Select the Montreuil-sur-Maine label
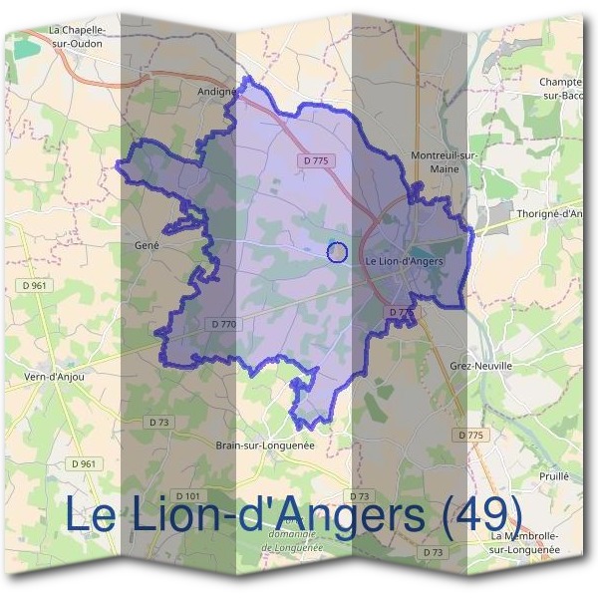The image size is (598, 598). (x=445, y=161)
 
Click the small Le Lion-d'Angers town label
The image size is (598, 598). (x=405, y=261)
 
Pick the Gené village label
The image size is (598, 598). (x=147, y=244)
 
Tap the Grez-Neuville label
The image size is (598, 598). (x=480, y=366)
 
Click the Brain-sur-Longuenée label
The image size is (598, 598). (x=265, y=446)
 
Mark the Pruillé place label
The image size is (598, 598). (x=552, y=476)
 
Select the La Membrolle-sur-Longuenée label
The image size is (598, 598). (x=529, y=542)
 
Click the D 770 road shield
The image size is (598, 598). (x=224, y=324)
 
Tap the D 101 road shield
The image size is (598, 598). (x=187, y=495)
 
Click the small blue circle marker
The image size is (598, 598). (x=337, y=252)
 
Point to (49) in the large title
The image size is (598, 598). (x=481, y=514)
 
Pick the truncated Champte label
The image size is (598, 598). (x=559, y=88)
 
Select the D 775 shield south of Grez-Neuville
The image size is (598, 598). (x=471, y=435)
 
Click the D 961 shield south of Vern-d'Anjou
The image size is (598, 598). (x=84, y=463)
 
